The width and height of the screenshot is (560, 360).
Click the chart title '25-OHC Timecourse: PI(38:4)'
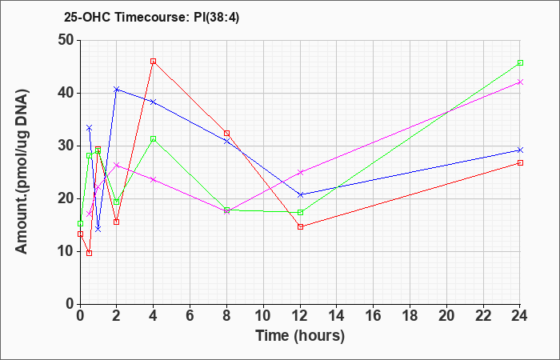coord(151,17)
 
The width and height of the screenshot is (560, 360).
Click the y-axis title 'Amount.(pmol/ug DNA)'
coord(22,171)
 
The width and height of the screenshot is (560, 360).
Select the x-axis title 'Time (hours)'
coord(300,336)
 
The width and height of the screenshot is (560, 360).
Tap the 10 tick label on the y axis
coord(66,251)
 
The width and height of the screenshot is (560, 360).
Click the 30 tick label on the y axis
coord(66,146)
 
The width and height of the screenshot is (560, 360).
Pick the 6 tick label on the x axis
coord(190,316)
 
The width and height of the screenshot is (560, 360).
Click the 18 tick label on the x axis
coord(410,316)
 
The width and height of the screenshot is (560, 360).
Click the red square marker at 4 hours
coord(154,61)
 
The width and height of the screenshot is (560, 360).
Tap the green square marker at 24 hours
coord(520,63)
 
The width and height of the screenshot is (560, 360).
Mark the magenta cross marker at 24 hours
coord(520,82)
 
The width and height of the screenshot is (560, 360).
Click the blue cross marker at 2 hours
coord(117,90)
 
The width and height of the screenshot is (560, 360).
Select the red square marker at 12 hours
coord(300,226)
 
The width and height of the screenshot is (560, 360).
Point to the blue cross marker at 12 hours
coord(300,194)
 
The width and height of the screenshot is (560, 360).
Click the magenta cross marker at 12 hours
coord(300,172)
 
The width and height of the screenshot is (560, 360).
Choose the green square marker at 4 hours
coord(154,138)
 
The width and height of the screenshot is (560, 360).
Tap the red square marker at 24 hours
coord(520,163)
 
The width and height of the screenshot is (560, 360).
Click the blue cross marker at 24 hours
coord(520,150)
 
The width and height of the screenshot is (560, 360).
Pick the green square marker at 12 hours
coord(300,213)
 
